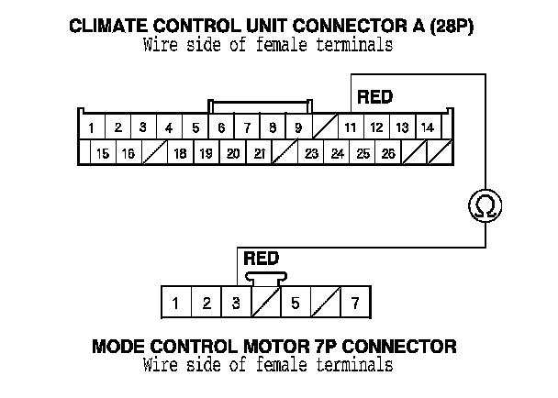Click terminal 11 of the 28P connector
click(351, 127)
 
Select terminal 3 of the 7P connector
click(237, 302)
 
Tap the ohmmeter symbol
click(485, 206)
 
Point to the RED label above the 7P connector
click(262, 259)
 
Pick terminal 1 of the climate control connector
click(93, 127)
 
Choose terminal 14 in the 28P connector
click(427, 127)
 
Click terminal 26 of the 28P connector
click(388, 153)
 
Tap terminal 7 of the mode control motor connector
click(355, 302)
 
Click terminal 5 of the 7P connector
click(296, 302)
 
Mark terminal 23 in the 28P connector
click(311, 153)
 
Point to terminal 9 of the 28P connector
click(298, 127)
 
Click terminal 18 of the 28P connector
click(181, 153)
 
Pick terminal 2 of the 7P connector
click(207, 302)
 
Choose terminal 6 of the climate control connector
click(221, 127)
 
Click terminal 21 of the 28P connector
click(260, 153)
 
